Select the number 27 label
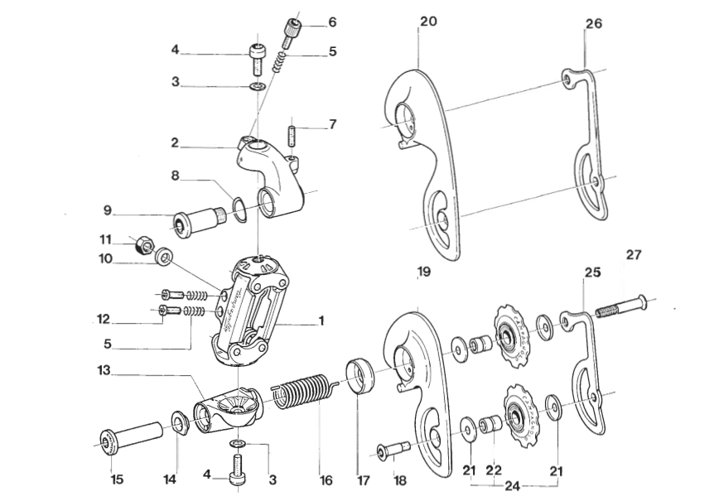(633, 255)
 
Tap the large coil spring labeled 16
(305, 393)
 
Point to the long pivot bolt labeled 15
(132, 436)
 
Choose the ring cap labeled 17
(360, 376)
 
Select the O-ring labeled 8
(238, 209)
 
